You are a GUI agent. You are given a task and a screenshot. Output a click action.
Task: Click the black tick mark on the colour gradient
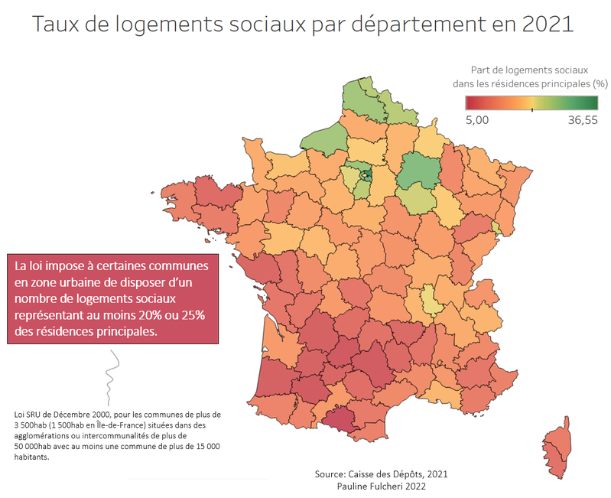click(532, 109)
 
